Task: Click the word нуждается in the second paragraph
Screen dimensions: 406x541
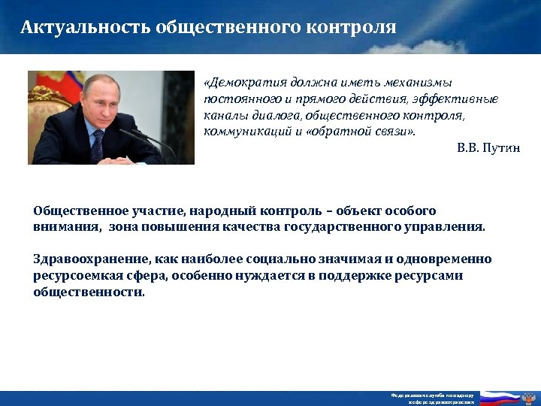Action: [x=264, y=276]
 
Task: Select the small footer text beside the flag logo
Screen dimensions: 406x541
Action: [x=432, y=398]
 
